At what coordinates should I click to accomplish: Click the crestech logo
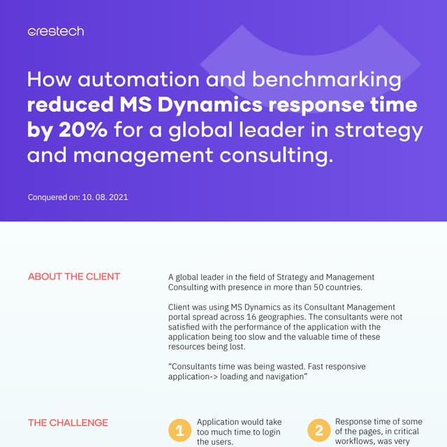pyautogui.click(x=56, y=31)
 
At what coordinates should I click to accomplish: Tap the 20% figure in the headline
pyautogui.click(x=83, y=130)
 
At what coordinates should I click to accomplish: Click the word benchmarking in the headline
pyautogui.click(x=327, y=79)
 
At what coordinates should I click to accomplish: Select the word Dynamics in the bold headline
pyautogui.click(x=210, y=105)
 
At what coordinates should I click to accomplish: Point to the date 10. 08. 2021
pyautogui.click(x=105, y=197)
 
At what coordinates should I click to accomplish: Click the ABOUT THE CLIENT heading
pyautogui.click(x=74, y=277)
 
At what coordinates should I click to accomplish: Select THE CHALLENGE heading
pyautogui.click(x=68, y=423)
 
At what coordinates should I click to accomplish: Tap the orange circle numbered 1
pyautogui.click(x=179, y=430)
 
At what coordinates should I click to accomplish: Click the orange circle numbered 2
pyautogui.click(x=318, y=430)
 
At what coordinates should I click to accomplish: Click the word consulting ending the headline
pyautogui.click(x=276, y=156)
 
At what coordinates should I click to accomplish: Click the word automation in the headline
pyautogui.click(x=138, y=79)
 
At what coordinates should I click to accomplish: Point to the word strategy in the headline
pyautogui.click(x=379, y=131)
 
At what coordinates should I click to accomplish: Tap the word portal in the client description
pyautogui.click(x=179, y=317)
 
